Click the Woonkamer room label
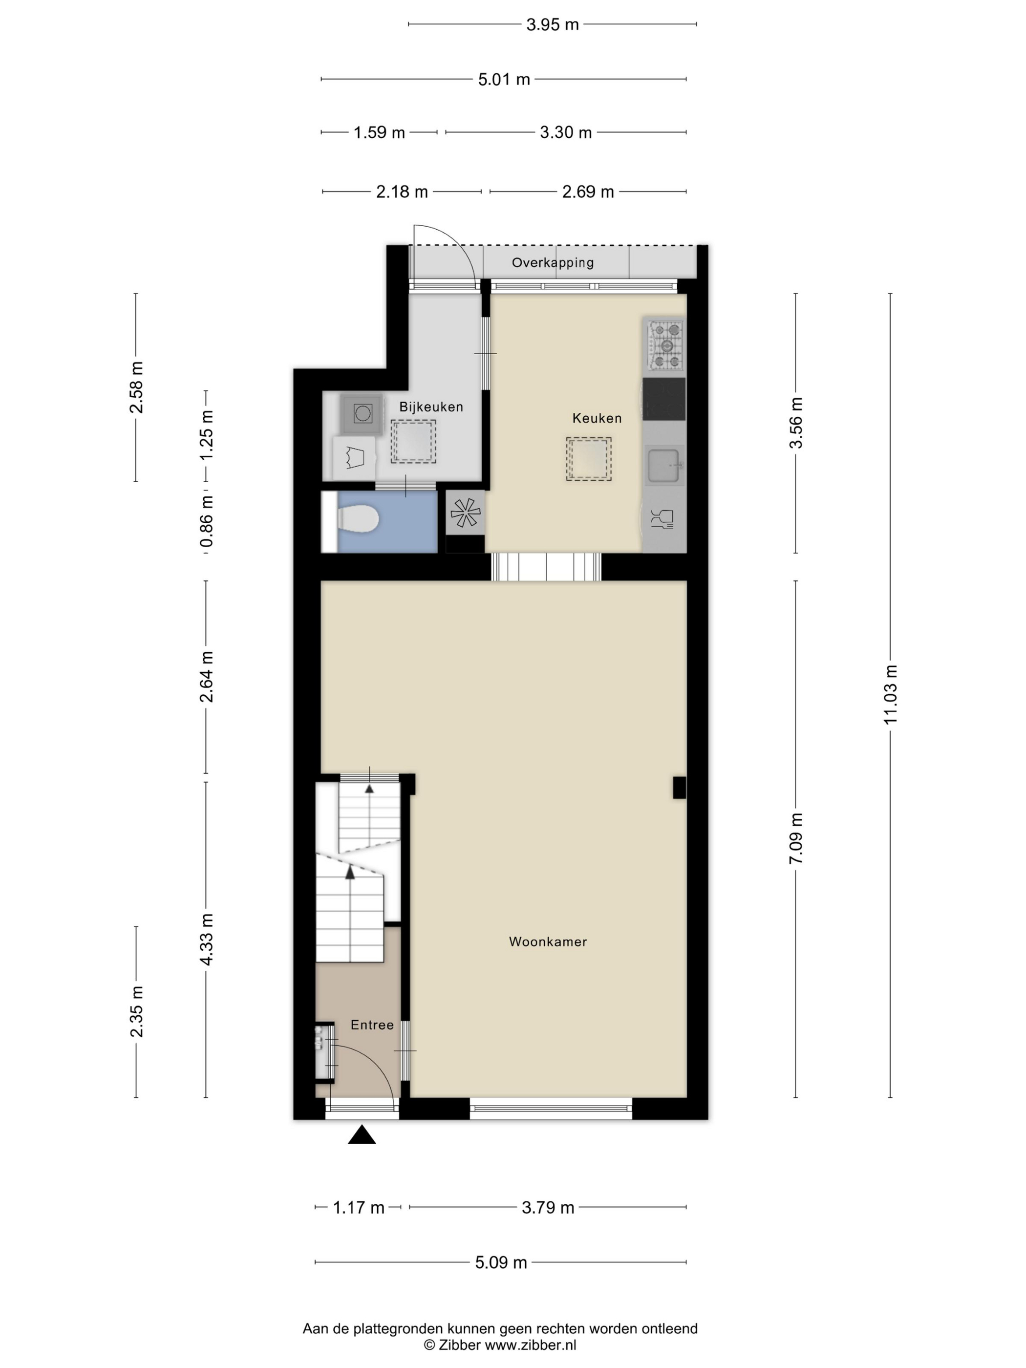point(547,941)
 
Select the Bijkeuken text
point(430,407)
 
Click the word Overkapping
point(552,262)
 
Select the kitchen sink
point(663,465)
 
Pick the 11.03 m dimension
point(890,695)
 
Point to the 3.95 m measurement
point(552,25)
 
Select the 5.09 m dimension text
point(501,1262)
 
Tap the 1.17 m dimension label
point(359,1207)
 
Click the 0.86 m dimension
point(206,521)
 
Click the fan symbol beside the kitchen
point(465,513)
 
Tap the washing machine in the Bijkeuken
point(363,413)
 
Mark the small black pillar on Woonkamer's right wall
point(679,787)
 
